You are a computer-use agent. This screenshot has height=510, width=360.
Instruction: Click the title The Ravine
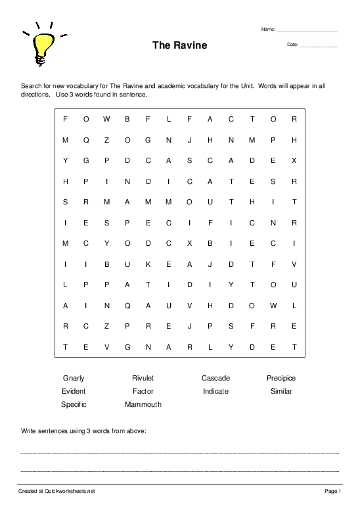pos(179,45)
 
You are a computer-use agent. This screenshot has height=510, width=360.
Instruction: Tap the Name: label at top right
pos(268,30)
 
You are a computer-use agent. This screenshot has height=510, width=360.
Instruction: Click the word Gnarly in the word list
pos(74,378)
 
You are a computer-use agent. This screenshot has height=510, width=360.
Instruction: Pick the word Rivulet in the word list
pos(143,378)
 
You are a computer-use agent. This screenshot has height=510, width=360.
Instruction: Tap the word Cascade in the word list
pos(215,378)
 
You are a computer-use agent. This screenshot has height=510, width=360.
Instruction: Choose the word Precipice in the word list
pos(281,378)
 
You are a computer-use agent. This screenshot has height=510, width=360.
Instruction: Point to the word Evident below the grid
pos(74,391)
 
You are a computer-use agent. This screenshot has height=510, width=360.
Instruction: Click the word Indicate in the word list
pos(215,391)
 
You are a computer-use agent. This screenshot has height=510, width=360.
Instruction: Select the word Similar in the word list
pos(281,391)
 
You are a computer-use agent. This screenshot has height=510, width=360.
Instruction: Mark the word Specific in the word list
pos(74,404)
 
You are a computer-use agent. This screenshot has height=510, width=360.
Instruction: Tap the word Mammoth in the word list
pos(143,404)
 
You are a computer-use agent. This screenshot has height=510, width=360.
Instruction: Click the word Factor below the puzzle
pos(143,391)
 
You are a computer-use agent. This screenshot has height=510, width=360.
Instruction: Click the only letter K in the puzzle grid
pos(148,264)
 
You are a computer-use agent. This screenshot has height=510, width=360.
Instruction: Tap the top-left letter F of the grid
pos(65,119)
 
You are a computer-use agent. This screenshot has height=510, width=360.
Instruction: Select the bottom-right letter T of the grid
pos(294,346)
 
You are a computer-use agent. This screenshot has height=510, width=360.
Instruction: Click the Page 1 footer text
pos(332,491)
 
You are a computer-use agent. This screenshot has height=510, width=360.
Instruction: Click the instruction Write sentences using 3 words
pos(83,430)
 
